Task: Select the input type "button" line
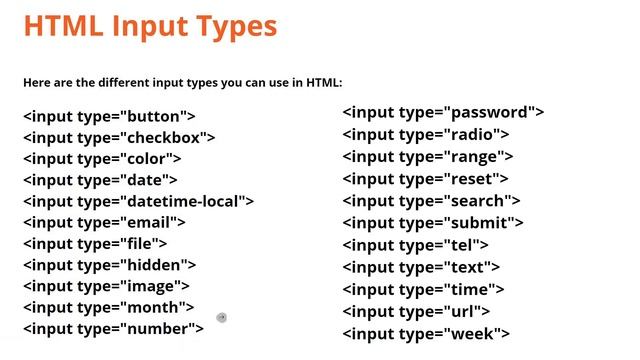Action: click(x=109, y=116)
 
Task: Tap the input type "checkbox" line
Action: click(x=119, y=137)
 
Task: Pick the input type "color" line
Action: click(x=102, y=159)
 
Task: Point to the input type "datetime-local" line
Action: click(x=139, y=201)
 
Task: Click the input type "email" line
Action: click(x=104, y=222)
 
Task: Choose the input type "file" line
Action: click(x=95, y=243)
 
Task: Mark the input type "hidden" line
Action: click(x=109, y=265)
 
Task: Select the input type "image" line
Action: click(x=107, y=286)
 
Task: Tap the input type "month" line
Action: click(x=108, y=307)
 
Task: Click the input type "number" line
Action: click(x=113, y=328)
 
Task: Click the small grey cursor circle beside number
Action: click(x=221, y=318)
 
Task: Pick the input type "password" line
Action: click(x=443, y=113)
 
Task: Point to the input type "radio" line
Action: click(x=426, y=134)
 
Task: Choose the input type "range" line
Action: click(x=428, y=156)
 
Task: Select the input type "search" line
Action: click(x=432, y=201)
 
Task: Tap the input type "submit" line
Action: click(x=433, y=223)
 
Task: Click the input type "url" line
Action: click(x=416, y=312)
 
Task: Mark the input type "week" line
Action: click(x=426, y=334)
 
